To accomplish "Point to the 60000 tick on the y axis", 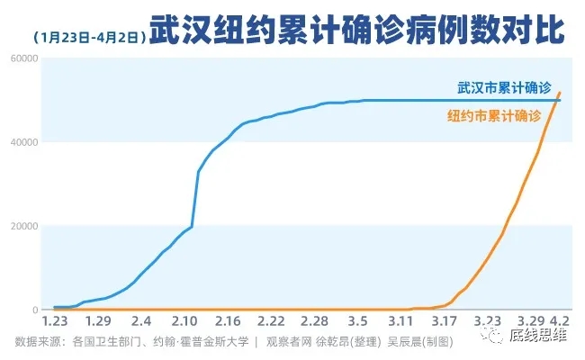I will click(22, 58).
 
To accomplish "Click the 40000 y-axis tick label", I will click(22, 142).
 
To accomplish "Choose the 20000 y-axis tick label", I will click(22, 226).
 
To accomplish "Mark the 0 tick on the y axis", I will click(32, 310).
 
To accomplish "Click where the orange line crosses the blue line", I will click(557, 100).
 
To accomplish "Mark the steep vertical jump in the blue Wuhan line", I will click(195, 198).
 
